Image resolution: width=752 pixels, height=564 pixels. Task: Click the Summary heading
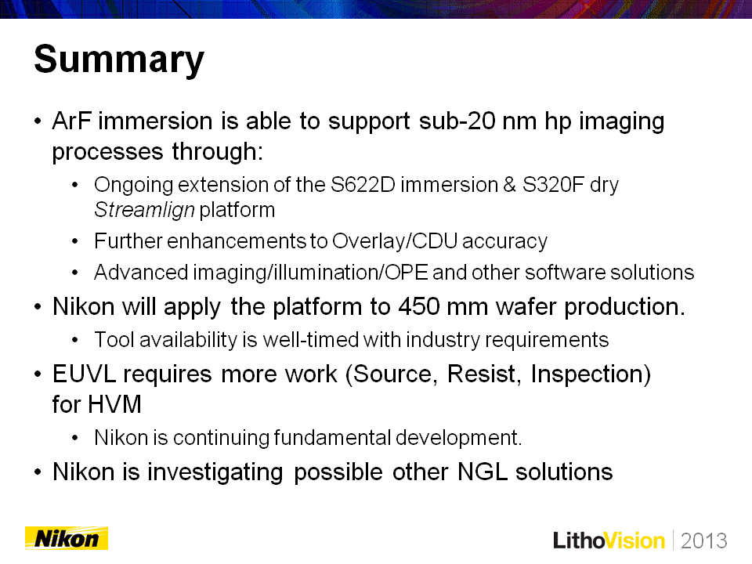pyautogui.click(x=119, y=60)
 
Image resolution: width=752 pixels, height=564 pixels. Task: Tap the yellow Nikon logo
pyautogui.click(x=67, y=538)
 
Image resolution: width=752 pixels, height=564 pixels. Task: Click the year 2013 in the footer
pyautogui.click(x=703, y=540)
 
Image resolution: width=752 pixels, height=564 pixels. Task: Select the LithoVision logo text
pyautogui.click(x=609, y=540)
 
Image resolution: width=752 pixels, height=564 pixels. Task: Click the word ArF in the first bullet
pyautogui.click(x=71, y=121)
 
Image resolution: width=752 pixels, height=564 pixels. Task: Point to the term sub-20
pyautogui.click(x=457, y=121)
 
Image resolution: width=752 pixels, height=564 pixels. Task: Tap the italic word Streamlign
pyautogui.click(x=144, y=210)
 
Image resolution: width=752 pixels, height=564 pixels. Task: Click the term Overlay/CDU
pyautogui.click(x=395, y=240)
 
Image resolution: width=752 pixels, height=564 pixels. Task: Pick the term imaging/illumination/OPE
pyautogui.click(x=310, y=273)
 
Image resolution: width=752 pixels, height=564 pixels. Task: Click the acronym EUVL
pyautogui.click(x=84, y=374)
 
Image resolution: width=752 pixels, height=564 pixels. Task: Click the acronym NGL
pyautogui.click(x=483, y=472)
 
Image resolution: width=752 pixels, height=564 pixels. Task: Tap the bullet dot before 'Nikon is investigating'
pyautogui.click(x=38, y=472)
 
